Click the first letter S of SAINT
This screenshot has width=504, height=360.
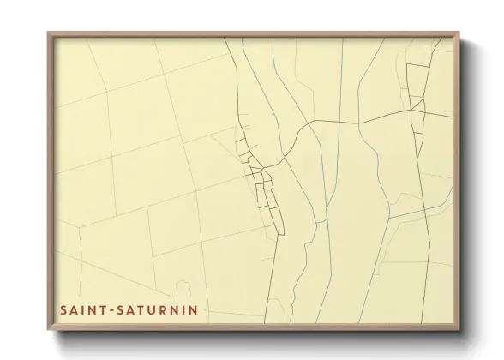(x=63, y=309)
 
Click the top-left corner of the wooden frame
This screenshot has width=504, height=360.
(x=48, y=33)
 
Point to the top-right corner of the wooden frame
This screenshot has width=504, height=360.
(x=459, y=33)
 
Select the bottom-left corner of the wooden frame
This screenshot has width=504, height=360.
(x=48, y=330)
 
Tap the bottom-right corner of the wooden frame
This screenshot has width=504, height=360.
(x=459, y=330)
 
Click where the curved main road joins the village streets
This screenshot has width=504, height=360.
(x=266, y=166)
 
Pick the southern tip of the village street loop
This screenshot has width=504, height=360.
(x=279, y=233)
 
